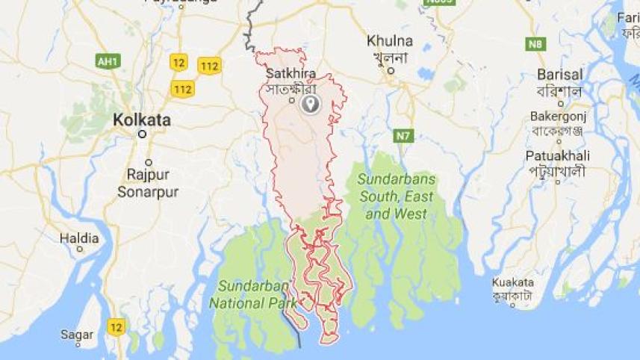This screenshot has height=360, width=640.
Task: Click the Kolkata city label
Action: [x=142, y=120]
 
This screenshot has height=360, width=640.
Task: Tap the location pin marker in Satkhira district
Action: [x=311, y=104]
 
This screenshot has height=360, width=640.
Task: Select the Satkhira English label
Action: [x=291, y=74]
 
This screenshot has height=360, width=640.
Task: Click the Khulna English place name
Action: [x=390, y=41]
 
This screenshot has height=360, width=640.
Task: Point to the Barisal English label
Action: [x=559, y=75]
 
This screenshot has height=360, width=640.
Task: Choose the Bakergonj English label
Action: [x=559, y=117]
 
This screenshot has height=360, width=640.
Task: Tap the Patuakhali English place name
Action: [x=557, y=156]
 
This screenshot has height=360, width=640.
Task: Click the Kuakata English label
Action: [x=513, y=282]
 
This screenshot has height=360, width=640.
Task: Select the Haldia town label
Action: [x=79, y=239]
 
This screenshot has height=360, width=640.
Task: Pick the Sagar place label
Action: [x=78, y=335]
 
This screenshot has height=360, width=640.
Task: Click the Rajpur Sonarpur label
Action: [x=148, y=184]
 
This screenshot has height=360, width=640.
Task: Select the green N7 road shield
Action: [x=403, y=136]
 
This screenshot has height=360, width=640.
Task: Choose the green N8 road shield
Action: [x=535, y=44]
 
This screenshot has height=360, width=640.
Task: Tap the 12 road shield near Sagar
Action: [x=115, y=326]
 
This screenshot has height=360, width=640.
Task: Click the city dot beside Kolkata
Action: [x=142, y=134]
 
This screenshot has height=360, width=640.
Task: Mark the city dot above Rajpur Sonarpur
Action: [x=148, y=162]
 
